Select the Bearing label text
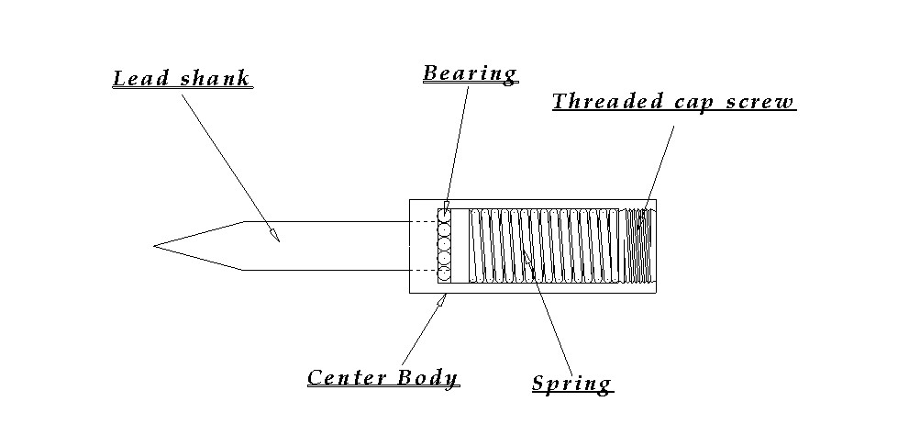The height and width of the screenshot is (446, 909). point(470,73)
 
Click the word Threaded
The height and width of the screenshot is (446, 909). point(607,102)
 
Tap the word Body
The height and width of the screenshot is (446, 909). point(427,378)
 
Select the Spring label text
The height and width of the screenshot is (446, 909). point(571,383)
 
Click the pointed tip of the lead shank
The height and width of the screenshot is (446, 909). point(153,246)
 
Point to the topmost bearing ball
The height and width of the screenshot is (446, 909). point(445,215)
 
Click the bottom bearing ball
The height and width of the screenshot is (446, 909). point(445,273)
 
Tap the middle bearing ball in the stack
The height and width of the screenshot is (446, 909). point(445,244)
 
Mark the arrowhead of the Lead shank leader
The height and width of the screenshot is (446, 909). point(273,234)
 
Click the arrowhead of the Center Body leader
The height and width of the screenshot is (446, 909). point(442,300)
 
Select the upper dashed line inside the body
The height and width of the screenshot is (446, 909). point(425,222)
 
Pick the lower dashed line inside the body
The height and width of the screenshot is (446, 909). point(425,271)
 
